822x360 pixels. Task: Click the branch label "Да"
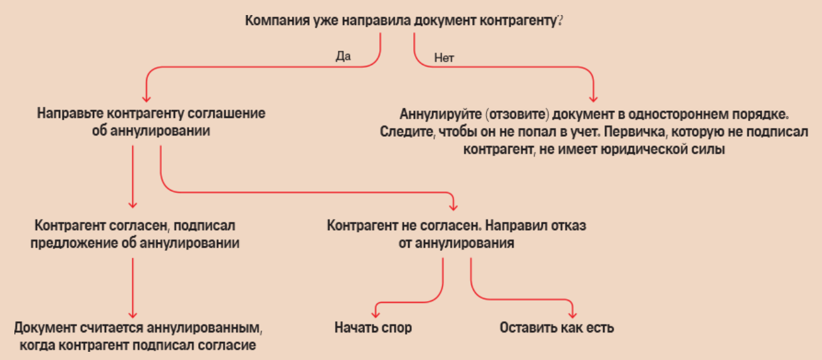click(343, 56)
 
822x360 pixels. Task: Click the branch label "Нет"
click(444, 58)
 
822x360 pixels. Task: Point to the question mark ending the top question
click(558, 21)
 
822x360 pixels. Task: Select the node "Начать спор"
click(373, 327)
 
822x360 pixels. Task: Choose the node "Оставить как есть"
click(557, 327)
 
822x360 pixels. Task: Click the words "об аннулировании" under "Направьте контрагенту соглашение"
click(150, 131)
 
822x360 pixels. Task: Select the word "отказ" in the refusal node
click(569, 225)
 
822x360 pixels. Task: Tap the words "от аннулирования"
click(456, 243)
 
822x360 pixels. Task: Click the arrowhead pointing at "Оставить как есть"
click(572, 311)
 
